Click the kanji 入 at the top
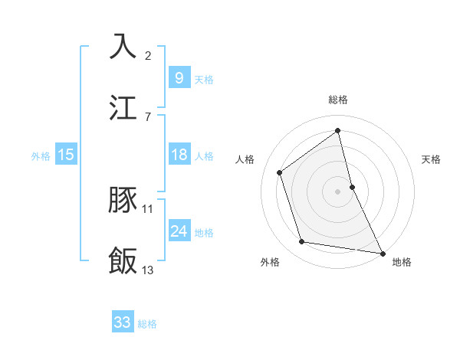(x=123, y=47)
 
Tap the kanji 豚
(x=123, y=201)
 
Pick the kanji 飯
(x=123, y=261)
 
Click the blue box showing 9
(x=179, y=78)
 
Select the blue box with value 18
(x=179, y=155)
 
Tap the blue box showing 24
(x=179, y=231)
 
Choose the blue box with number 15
(x=66, y=155)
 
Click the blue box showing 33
(x=123, y=323)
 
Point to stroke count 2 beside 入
(x=148, y=56)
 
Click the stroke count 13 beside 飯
(x=148, y=270)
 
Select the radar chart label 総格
(x=338, y=100)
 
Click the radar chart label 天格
(x=431, y=159)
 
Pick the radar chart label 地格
(x=402, y=262)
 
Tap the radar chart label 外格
(x=270, y=262)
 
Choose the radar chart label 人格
(x=245, y=159)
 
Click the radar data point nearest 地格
(x=382, y=253)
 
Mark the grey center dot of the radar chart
(x=338, y=191)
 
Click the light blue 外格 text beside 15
(x=41, y=156)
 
